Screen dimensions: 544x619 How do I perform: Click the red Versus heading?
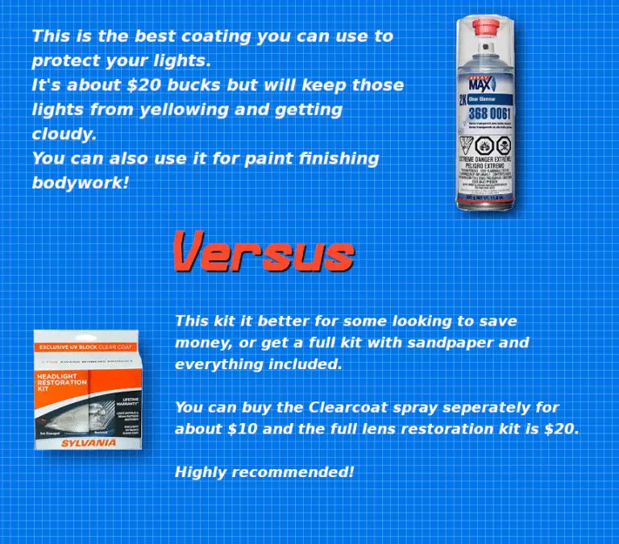point(264,251)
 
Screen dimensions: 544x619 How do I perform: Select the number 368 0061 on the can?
point(489,113)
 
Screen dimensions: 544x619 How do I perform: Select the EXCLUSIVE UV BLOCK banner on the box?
point(77,347)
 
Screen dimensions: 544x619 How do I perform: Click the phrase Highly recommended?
point(264,471)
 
